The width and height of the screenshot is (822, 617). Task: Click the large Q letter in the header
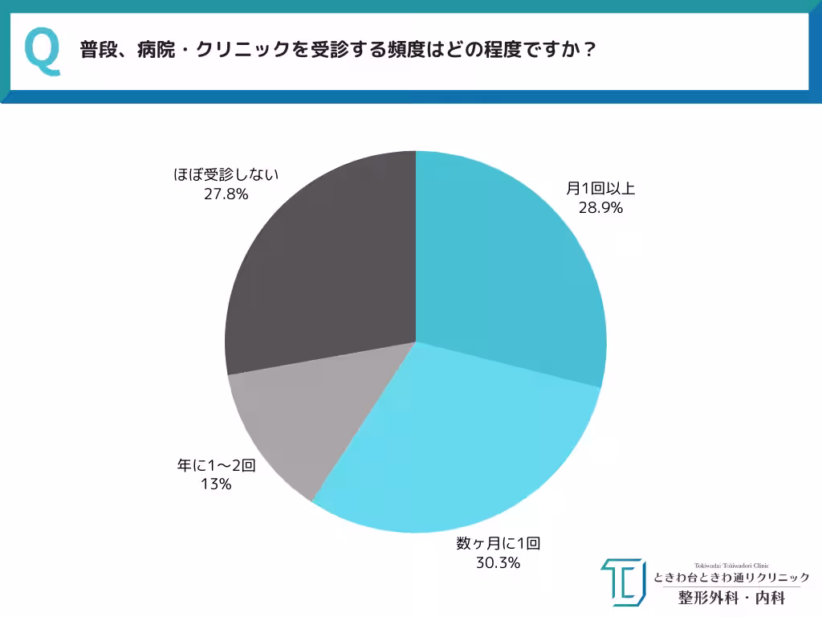click(43, 51)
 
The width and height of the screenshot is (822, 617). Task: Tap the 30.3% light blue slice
click(458, 450)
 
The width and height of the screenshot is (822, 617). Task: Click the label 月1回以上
click(600, 189)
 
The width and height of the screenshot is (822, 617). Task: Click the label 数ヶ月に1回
click(498, 544)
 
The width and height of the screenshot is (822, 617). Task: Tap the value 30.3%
click(498, 562)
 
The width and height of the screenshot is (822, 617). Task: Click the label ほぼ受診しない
click(226, 174)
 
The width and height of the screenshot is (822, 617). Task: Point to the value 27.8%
click(226, 194)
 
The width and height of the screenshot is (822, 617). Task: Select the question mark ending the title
click(588, 50)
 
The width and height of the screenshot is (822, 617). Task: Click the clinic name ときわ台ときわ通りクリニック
click(731, 578)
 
